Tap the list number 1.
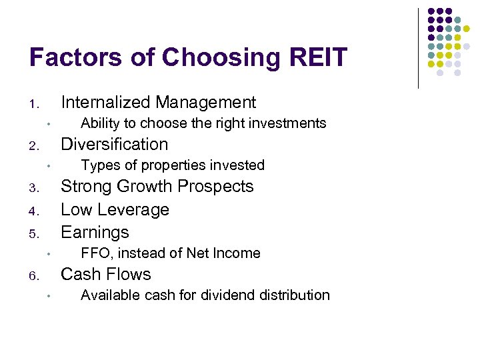pos(34,105)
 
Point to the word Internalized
pos(105,102)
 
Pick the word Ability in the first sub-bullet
pos(99,123)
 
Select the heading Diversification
pos(114,144)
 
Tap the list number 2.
pos(34,147)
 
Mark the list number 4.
pos(34,212)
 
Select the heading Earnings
pos(95,232)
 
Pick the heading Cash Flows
pos(106,274)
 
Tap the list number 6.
pos(34,277)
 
